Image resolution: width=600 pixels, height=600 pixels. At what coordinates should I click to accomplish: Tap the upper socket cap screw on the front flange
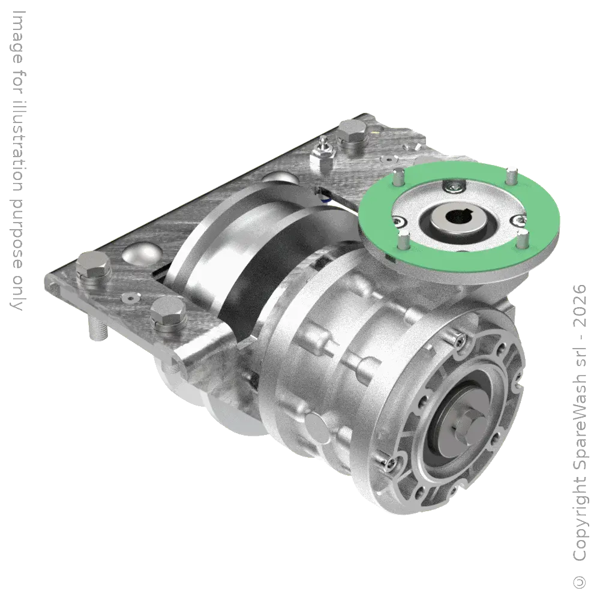click(460, 343)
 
